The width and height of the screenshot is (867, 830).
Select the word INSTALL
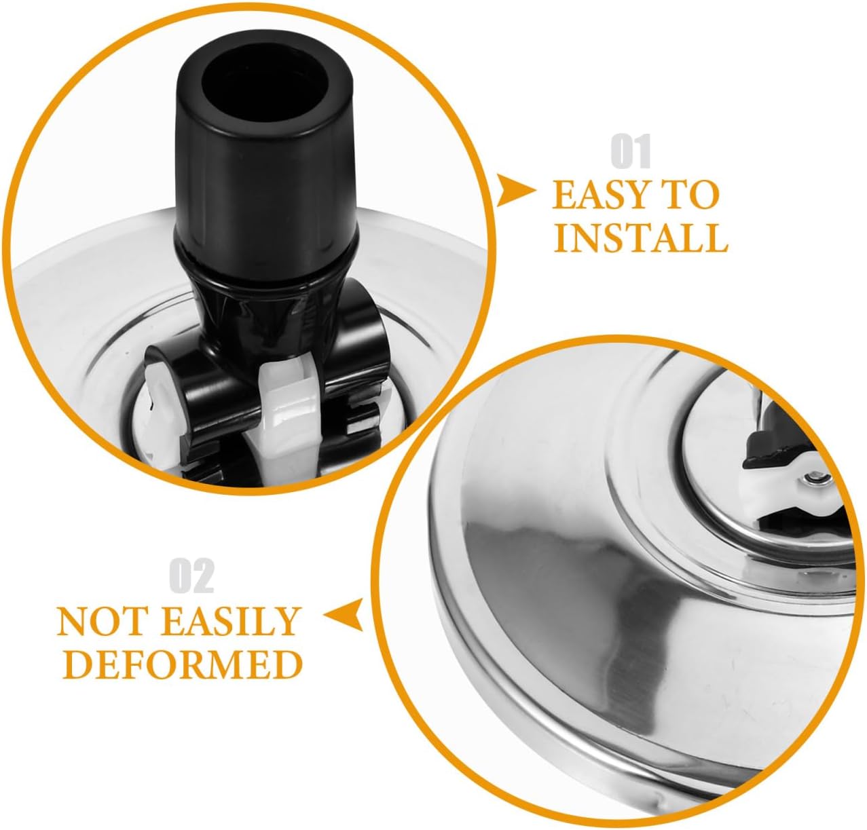(641, 238)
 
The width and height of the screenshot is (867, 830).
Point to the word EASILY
(230, 621)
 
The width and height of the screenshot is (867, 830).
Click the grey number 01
(631, 151)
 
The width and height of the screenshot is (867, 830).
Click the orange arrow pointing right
(516, 191)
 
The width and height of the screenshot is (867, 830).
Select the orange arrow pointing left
(344, 615)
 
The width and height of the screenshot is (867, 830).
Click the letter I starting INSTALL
(562, 238)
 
